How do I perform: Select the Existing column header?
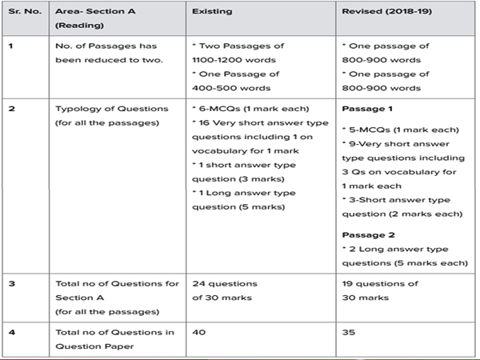(211, 14)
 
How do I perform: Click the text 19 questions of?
(380, 284)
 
